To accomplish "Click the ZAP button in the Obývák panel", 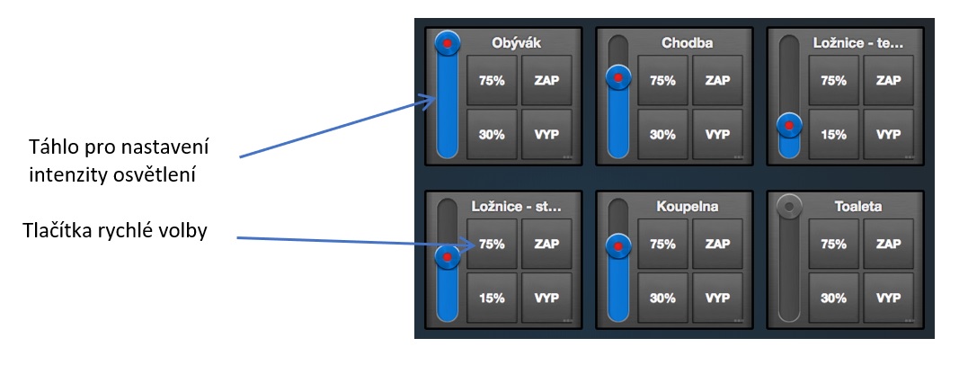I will tap(546, 80).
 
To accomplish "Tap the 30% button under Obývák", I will tap(491, 135).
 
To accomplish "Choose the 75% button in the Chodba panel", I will tap(662, 80).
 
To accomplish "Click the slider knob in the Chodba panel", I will tap(618, 77).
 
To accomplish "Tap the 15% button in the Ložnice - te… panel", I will tap(833, 135).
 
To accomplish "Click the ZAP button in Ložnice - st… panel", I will tap(546, 243).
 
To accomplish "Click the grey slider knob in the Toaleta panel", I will tap(789, 206).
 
